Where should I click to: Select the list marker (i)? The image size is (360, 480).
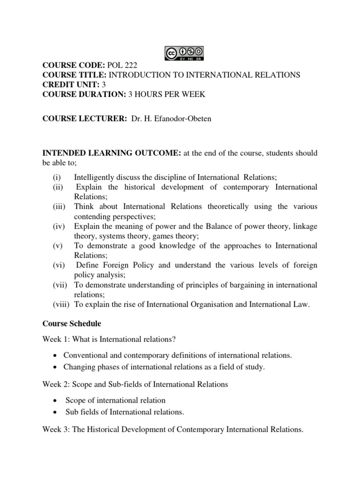(56, 177)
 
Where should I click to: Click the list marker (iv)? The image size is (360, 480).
(58, 226)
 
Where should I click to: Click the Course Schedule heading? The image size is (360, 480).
(72, 323)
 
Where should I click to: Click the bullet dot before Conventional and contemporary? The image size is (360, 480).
(56, 356)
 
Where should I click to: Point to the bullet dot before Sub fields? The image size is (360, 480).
(56, 412)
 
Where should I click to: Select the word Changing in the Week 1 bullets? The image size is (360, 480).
(78, 367)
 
